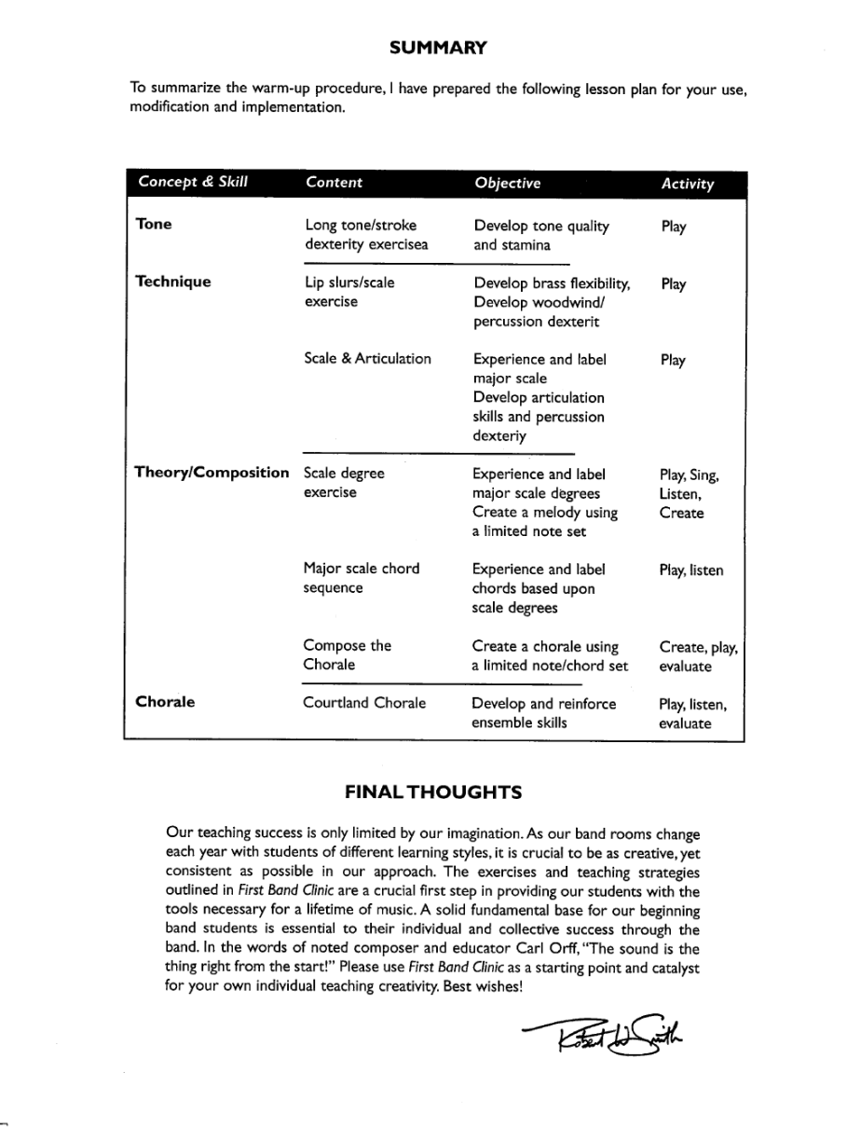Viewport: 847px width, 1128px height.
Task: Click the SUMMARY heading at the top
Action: pos(437,47)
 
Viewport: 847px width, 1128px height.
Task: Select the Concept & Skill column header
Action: pos(193,182)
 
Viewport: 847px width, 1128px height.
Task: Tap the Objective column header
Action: pos(507,183)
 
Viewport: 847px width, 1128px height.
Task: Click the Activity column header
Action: pos(687,184)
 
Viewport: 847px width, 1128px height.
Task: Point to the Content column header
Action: pos(334,183)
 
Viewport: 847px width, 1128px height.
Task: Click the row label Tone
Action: pos(154,225)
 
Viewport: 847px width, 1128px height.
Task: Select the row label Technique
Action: pos(173,282)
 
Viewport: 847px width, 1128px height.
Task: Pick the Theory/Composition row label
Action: pos(212,473)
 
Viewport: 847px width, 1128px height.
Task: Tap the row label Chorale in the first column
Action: pos(165,702)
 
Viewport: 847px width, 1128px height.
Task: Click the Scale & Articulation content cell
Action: pos(367,359)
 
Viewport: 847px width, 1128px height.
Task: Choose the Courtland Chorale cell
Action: pos(364,703)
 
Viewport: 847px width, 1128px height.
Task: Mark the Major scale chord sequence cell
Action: pos(361,578)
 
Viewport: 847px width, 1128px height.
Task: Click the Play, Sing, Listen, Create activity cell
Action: pos(688,494)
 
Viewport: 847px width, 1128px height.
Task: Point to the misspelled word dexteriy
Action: pos(499,436)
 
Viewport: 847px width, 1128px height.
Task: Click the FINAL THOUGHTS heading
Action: pos(433,792)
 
